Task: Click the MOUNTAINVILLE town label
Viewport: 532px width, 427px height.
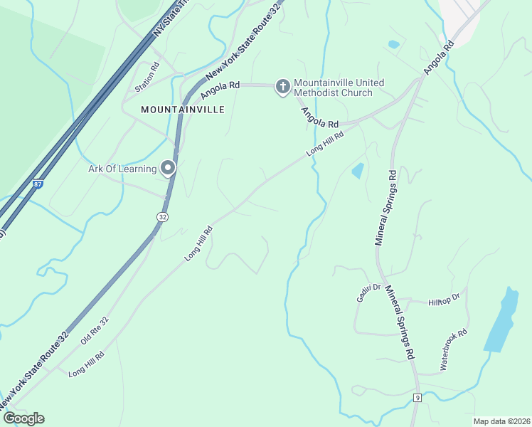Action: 183,110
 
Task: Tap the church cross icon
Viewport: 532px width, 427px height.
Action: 282,87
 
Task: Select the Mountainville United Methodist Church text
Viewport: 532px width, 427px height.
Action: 338,88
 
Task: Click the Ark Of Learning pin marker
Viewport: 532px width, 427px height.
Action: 168,168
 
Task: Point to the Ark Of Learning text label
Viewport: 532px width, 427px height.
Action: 122,169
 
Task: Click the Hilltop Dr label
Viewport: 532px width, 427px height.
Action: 445,302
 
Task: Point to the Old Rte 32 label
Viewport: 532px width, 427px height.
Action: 94,330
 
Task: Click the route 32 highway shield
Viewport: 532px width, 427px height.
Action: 162,216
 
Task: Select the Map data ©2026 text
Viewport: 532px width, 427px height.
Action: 501,421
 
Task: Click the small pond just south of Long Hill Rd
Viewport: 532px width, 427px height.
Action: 357,170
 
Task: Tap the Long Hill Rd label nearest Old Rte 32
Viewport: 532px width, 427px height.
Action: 86,363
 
